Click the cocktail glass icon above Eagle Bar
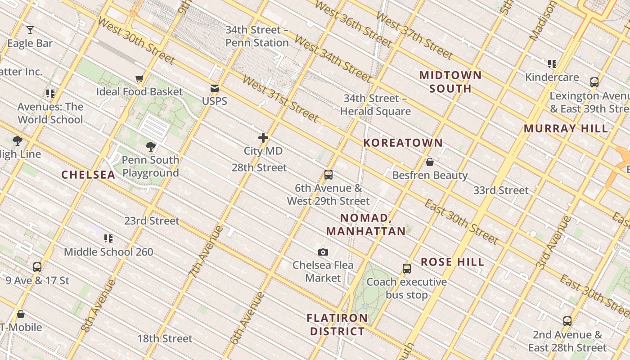pos(30,30)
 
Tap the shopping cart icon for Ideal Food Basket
pos(139,79)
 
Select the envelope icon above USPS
pos(215,88)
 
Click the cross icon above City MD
pos(263,138)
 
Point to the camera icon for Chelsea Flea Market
pos(323,252)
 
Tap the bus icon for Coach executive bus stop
pos(407,269)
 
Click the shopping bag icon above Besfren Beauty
pos(430,162)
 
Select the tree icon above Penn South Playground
pos(150,146)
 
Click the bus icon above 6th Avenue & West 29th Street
pos(328,175)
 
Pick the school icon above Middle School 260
pos(108,238)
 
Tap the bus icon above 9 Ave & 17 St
pos(37,267)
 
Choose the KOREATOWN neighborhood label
pos(403,143)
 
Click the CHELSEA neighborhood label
pos(88,175)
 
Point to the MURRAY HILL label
pos(566,129)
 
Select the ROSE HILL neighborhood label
pos(452,262)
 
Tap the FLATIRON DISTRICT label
pos(337,324)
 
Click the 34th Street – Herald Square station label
pos(375,105)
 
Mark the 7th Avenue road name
pos(206,251)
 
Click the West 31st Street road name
pos(280,99)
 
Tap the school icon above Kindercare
pos(552,64)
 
